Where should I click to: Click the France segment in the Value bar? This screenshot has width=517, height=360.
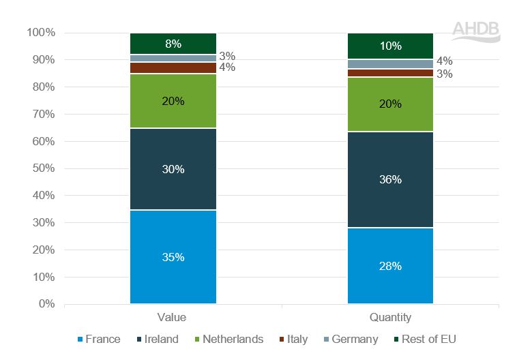(173, 257)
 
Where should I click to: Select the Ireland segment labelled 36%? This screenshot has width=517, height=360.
(390, 179)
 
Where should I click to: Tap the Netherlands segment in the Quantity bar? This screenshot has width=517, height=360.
(390, 104)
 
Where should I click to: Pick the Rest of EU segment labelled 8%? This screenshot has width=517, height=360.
(173, 44)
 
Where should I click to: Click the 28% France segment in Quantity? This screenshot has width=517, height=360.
(390, 265)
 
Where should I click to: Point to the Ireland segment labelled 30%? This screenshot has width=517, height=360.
(173, 169)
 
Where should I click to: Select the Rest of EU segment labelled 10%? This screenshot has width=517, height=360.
(390, 46)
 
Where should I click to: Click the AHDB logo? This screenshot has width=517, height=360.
(475, 31)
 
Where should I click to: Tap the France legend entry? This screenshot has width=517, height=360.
(99, 340)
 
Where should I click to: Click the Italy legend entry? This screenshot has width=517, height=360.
(291, 340)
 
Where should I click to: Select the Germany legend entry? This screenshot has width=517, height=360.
(349, 340)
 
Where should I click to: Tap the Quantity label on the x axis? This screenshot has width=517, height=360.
(390, 318)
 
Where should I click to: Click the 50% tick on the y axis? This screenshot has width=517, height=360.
(43, 168)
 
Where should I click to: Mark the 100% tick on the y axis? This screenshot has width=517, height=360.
(40, 33)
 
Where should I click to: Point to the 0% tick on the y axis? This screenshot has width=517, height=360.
(46, 304)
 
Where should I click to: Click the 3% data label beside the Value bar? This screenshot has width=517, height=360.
(227, 56)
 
